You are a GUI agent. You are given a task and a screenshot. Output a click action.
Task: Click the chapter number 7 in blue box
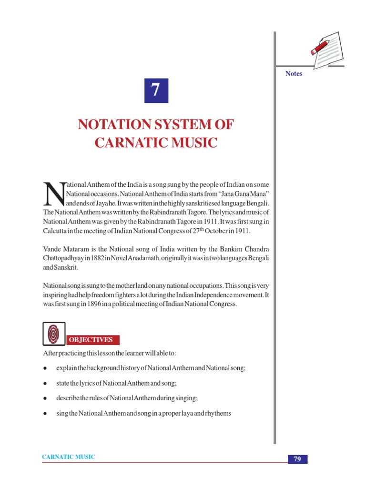pos(156,91)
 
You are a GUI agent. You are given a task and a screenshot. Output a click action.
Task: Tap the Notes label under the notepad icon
pos(294,73)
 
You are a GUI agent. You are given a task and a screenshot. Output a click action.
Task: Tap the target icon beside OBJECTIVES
pos(54,334)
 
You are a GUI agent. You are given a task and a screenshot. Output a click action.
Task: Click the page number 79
pos(297,459)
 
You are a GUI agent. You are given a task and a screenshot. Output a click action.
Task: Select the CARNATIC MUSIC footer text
pos(69,457)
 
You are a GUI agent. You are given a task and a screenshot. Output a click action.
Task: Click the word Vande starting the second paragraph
pos(52,249)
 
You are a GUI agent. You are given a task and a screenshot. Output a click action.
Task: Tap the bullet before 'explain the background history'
pos(45,369)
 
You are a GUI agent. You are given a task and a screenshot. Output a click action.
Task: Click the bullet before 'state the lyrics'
pos(45,384)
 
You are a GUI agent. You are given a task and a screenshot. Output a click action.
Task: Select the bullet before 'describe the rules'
pos(45,398)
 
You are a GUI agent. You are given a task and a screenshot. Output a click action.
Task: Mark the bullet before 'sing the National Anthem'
pos(45,414)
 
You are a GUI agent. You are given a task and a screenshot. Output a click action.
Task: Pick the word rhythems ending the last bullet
pos(218,413)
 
